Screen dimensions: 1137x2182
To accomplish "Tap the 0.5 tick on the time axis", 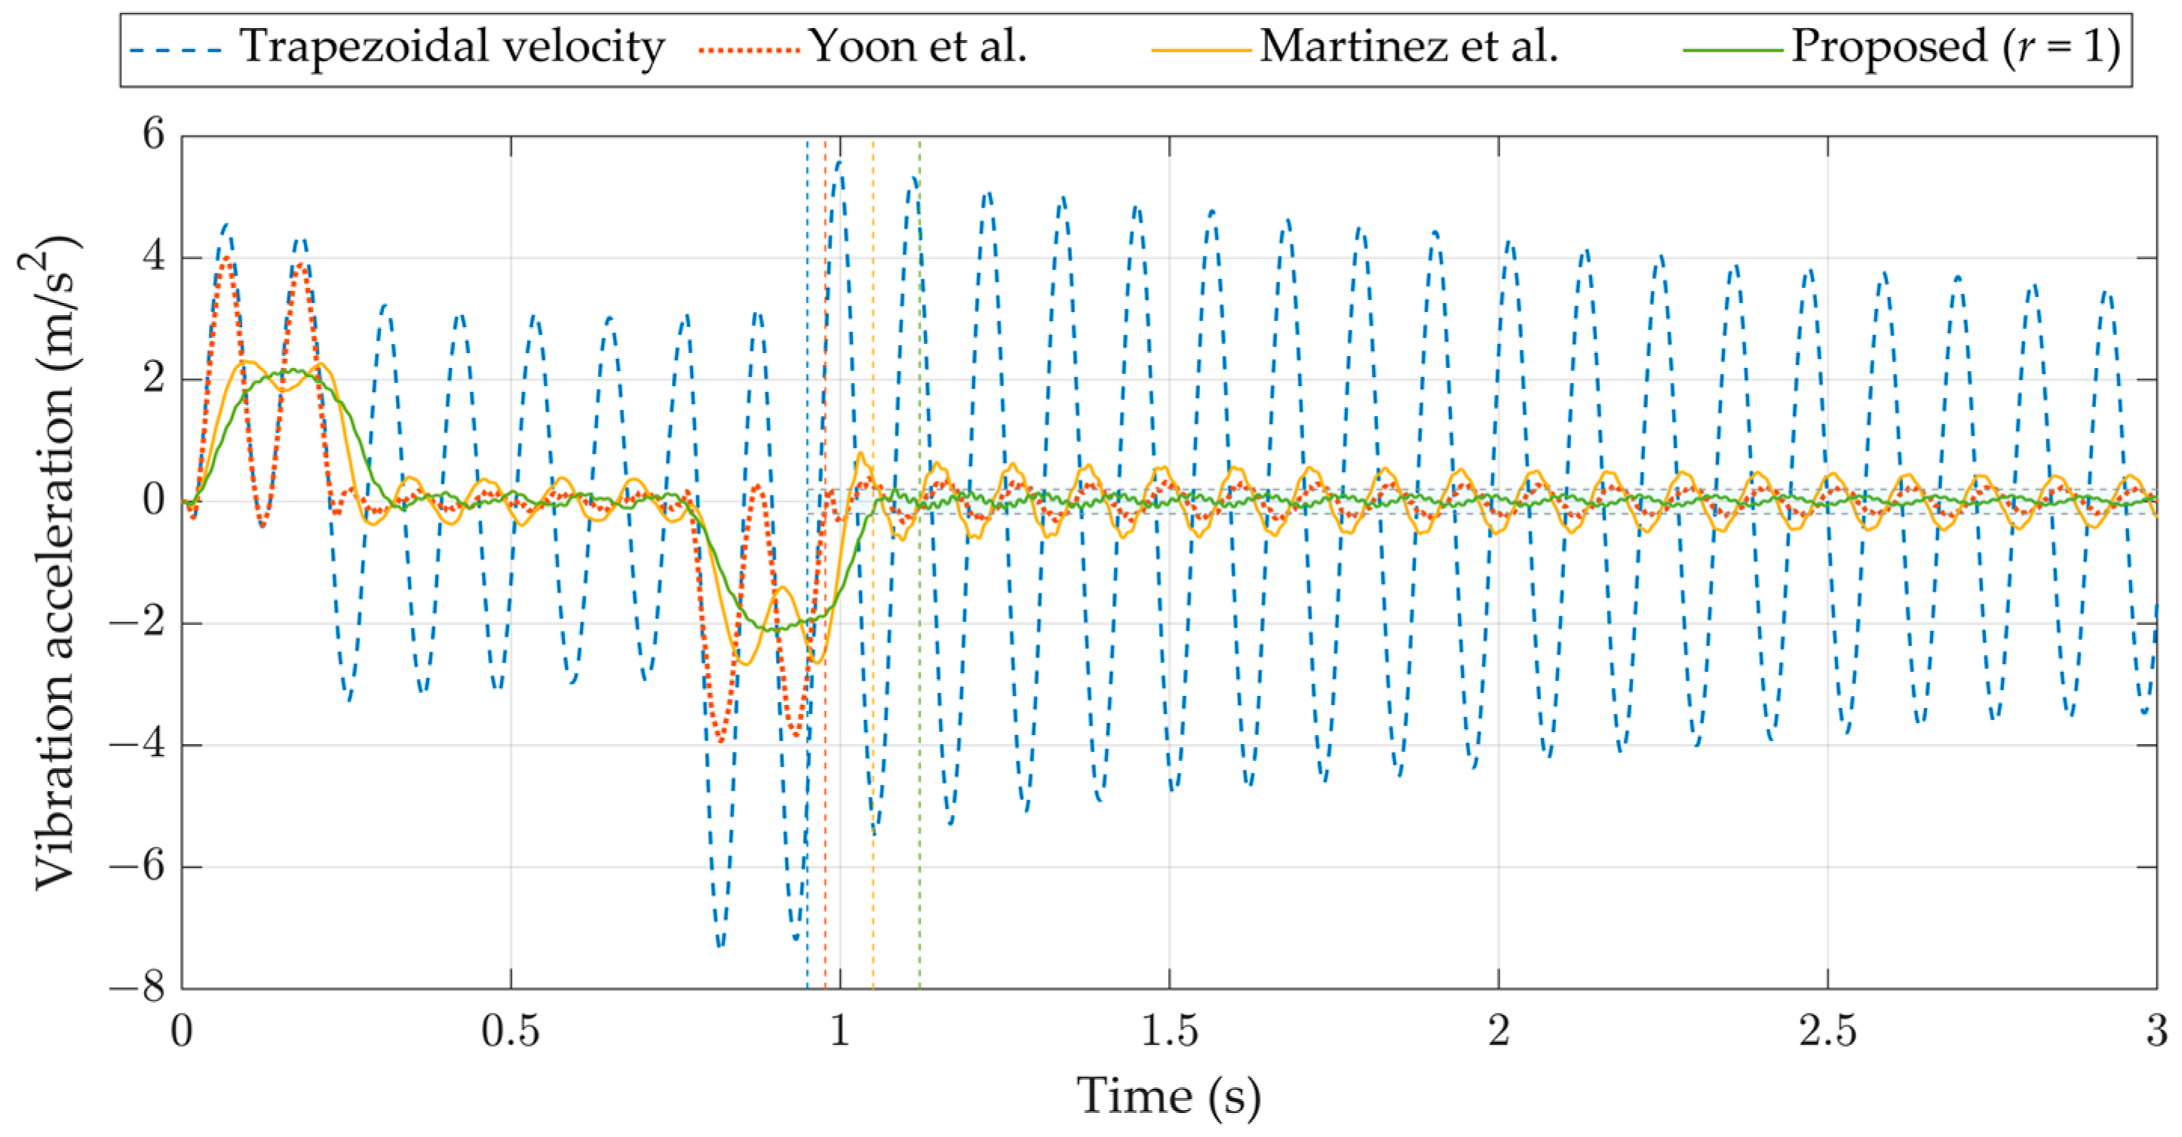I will (x=510, y=1032).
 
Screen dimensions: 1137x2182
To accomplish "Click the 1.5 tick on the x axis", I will (x=1169, y=1032).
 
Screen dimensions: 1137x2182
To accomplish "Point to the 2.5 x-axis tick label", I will (x=1828, y=1032).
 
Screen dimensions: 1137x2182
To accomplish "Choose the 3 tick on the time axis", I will (x=2156, y=1032).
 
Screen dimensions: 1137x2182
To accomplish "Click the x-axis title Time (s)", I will (x=1169, y=1096).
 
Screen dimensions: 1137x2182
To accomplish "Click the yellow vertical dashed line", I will (x=873, y=762).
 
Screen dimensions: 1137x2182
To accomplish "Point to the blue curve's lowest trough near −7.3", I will (x=719, y=945).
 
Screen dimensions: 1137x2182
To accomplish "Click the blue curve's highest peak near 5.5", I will (x=839, y=162).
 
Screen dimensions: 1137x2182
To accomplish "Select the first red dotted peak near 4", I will (x=226, y=259).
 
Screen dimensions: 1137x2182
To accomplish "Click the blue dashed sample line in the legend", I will (x=176, y=49).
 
